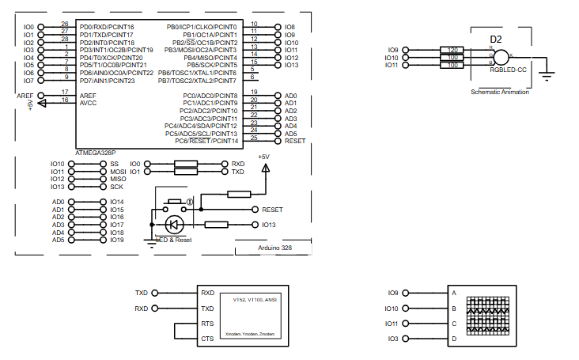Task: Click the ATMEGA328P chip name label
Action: tap(95, 152)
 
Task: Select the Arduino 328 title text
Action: tap(275, 248)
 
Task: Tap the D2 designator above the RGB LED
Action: tap(496, 39)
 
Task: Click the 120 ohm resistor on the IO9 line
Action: tap(453, 50)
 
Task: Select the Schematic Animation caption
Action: tap(500, 92)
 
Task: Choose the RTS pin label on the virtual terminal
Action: tap(207, 324)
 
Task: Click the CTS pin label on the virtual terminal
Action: tap(207, 339)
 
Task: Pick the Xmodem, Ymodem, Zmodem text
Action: tap(250, 334)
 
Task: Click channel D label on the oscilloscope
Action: tap(454, 339)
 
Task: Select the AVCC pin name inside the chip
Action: tap(88, 103)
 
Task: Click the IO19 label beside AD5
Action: tap(117, 240)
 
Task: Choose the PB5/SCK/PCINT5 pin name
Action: tap(211, 65)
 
